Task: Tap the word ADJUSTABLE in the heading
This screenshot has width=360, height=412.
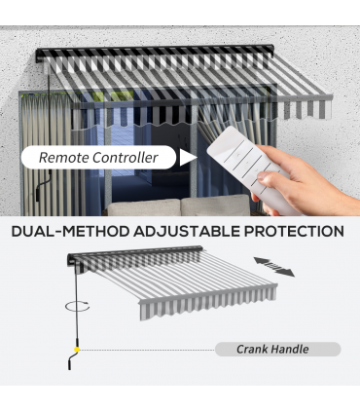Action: coord(186,232)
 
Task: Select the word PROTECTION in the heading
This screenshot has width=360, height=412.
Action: coord(294,232)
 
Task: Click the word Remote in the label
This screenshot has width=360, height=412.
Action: coord(63,158)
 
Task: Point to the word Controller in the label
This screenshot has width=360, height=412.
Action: coord(126,158)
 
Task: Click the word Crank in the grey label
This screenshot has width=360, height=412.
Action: coord(252,350)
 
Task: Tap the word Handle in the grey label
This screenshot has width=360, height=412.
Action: coord(290,350)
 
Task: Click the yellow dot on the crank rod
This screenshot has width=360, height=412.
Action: coord(77,350)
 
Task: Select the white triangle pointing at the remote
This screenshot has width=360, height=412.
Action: coord(189,158)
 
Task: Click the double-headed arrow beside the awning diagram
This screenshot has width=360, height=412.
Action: coord(274,267)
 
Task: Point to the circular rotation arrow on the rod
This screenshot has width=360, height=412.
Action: coord(78,306)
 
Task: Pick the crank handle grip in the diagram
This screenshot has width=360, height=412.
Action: coord(72,361)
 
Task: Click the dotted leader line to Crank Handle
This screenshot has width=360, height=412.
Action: coord(147,350)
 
